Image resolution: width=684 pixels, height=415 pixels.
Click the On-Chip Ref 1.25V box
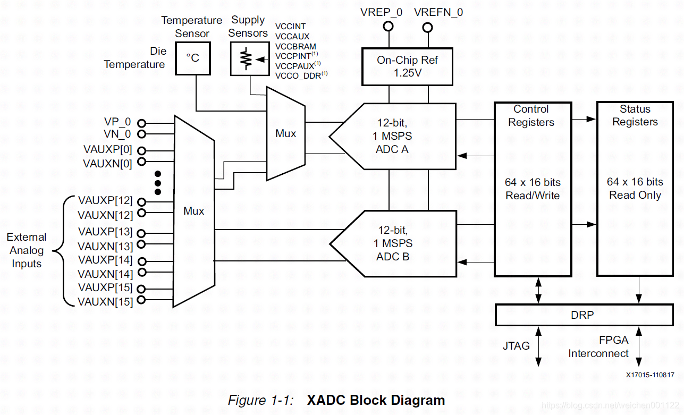(407, 66)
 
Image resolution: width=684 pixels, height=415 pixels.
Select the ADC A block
(392, 137)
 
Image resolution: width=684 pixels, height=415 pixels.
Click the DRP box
(582, 315)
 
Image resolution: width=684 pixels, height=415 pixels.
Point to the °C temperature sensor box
(192, 58)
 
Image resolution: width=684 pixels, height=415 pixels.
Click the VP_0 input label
(117, 122)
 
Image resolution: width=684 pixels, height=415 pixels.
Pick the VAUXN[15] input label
(105, 302)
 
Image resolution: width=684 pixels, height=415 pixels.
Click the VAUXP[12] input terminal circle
(141, 202)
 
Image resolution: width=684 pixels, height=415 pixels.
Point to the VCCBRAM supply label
(295, 46)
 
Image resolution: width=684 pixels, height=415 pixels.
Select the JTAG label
(516, 346)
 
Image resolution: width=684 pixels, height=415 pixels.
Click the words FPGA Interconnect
(598, 346)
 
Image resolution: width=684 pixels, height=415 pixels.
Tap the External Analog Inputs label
(27, 250)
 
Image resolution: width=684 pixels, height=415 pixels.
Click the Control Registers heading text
(531, 116)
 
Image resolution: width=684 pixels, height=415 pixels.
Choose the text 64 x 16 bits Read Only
(635, 188)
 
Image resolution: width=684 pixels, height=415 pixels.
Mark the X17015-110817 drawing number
(649, 375)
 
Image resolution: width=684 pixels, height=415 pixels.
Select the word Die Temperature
(134, 58)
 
